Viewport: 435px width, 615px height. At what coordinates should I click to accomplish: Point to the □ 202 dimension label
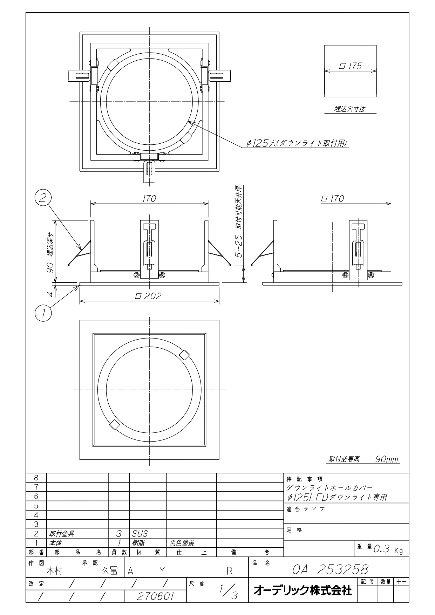coord(149,296)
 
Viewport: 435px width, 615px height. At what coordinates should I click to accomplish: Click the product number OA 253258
coord(330,569)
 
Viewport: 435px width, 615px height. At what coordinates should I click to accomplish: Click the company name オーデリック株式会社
coord(302,590)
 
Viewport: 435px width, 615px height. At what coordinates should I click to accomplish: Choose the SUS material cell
coord(140,534)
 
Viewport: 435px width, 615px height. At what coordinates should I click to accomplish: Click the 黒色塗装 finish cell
coord(182,543)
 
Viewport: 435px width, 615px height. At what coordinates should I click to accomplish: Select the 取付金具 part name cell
coord(62,534)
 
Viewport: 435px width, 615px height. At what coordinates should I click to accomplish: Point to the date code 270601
coord(155,596)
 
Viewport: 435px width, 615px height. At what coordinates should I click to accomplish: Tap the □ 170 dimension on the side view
coord(332,199)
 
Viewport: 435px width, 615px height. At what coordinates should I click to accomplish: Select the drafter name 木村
coord(54,571)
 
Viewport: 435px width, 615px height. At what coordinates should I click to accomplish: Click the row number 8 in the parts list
coord(36,478)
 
